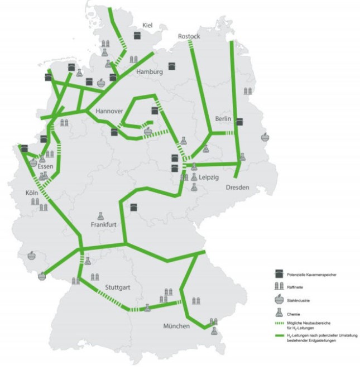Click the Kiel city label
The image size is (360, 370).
point(147,25)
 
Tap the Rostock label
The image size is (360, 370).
point(189,36)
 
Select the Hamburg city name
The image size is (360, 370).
point(148,72)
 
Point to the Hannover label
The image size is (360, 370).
point(108,111)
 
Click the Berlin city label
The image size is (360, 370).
point(224,119)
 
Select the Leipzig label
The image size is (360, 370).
point(208,177)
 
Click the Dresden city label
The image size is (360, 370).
point(237,188)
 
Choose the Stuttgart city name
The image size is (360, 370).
point(118,287)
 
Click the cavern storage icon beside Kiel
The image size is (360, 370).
point(137,35)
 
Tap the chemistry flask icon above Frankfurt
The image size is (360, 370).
point(101,215)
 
